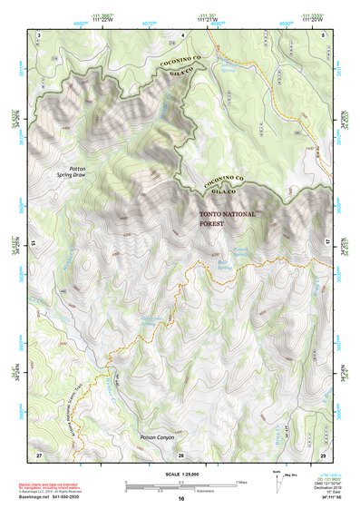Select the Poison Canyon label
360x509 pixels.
157,438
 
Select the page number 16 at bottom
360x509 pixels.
181,499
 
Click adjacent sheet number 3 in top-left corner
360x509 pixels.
39,34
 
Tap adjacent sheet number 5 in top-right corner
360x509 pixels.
324,34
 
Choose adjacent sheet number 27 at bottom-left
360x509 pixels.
39,454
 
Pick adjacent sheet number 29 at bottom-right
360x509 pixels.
323,454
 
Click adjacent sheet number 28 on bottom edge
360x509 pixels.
180,454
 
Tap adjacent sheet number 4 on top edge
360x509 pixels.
181,34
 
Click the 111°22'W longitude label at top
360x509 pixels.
109,21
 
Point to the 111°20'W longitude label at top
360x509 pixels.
316,21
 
